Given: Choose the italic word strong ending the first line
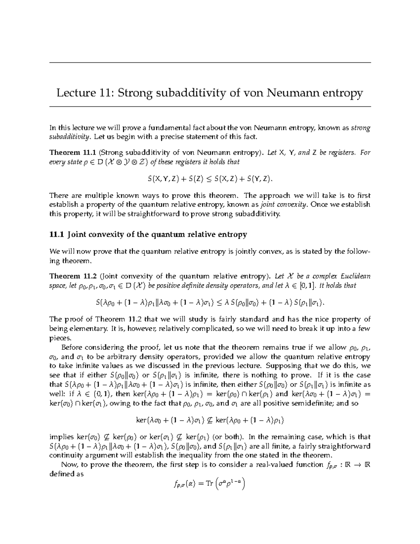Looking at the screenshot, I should coord(361,128).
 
